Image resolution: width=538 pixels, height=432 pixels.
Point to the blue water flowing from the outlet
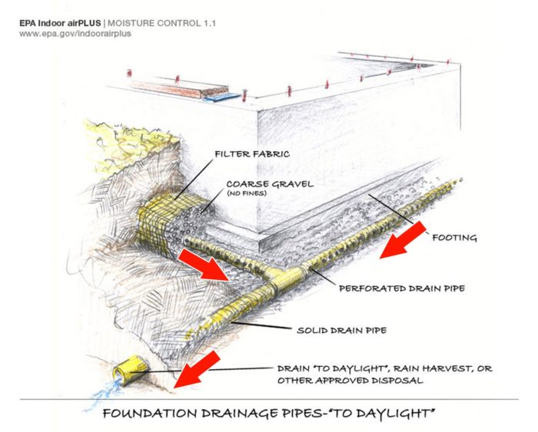[x=98, y=395]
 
